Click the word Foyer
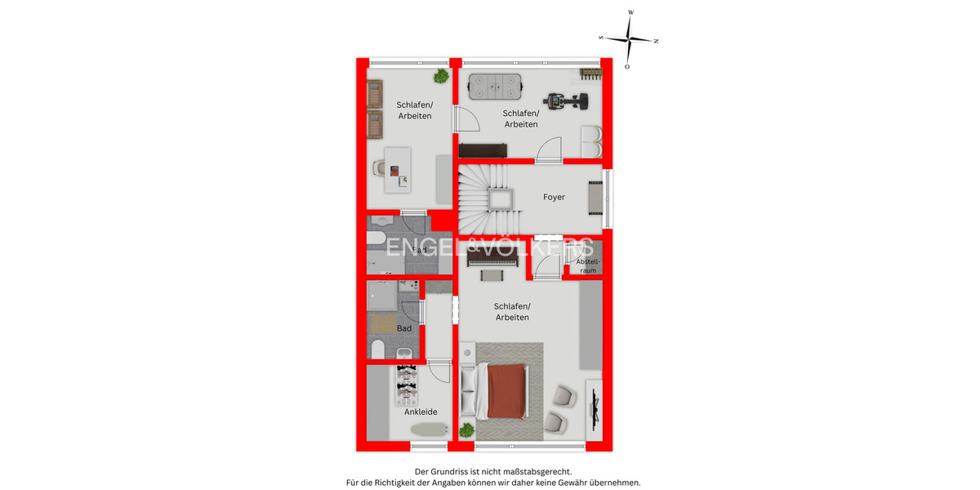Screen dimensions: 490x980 pyautogui.click(x=555, y=197)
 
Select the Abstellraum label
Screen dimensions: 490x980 pyautogui.click(x=587, y=265)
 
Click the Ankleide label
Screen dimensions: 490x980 pyautogui.click(x=421, y=412)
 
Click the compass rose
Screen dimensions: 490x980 pyautogui.click(x=629, y=39)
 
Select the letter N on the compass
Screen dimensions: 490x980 pyautogui.click(x=656, y=40)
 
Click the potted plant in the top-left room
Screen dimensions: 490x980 pyautogui.click(x=441, y=77)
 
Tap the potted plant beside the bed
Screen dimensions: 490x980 pyautogui.click(x=466, y=430)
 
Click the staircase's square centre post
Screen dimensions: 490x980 pyautogui.click(x=498, y=198)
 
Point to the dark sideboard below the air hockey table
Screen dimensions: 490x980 pyautogui.click(x=483, y=149)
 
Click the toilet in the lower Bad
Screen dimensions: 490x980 pyautogui.click(x=378, y=350)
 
